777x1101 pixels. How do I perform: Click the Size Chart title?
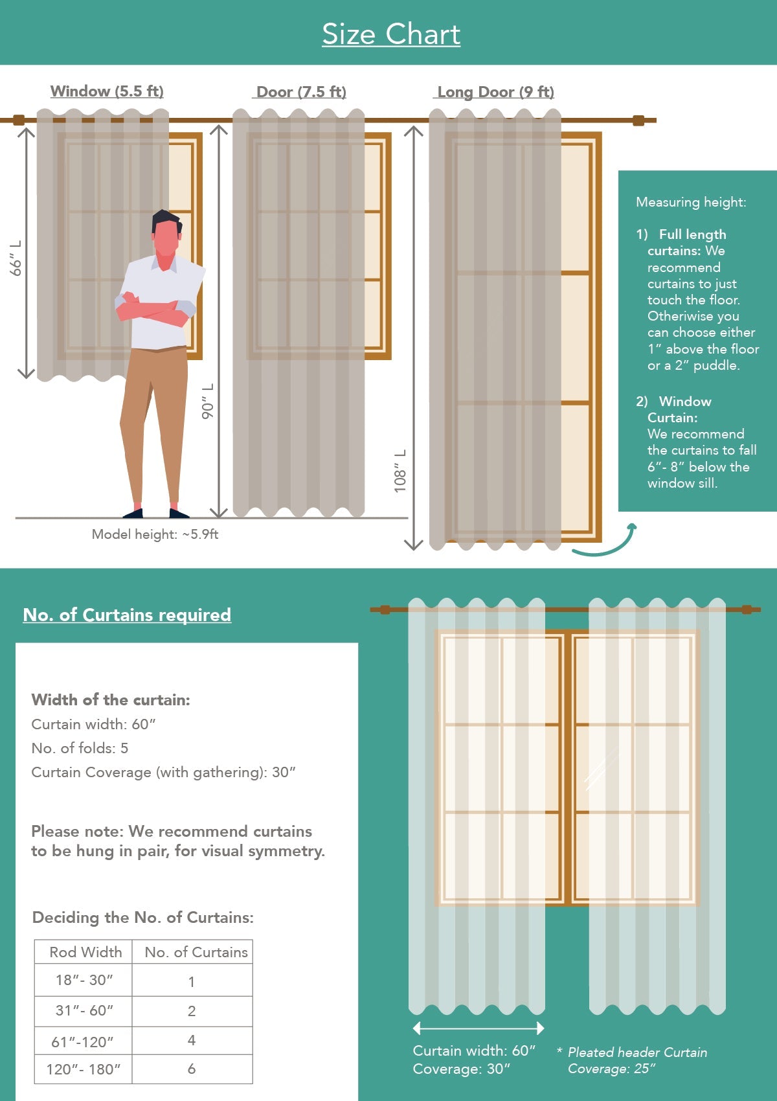pos(391,34)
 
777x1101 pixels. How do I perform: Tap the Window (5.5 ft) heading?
pos(107,91)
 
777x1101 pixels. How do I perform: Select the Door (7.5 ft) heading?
pos(300,92)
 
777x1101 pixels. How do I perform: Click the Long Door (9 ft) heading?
pos(495,92)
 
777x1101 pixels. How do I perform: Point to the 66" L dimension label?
pos(16,258)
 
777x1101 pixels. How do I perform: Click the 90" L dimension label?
pos(207,401)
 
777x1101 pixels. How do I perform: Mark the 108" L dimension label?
pos(400,471)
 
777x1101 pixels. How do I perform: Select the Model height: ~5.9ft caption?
pos(155,534)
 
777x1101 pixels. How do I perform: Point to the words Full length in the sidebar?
pos(692,234)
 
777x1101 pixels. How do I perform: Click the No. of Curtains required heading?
pos(127,615)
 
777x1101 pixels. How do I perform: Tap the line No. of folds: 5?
pos(80,748)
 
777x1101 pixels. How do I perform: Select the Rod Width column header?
pos(85,952)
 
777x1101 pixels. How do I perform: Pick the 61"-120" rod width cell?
pos(82,1041)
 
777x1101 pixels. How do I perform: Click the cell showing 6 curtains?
pos(192,1069)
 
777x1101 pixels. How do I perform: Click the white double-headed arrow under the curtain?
pos(479,1028)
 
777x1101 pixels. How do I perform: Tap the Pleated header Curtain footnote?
pos(637,1052)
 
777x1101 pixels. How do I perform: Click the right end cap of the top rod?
pos(638,120)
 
